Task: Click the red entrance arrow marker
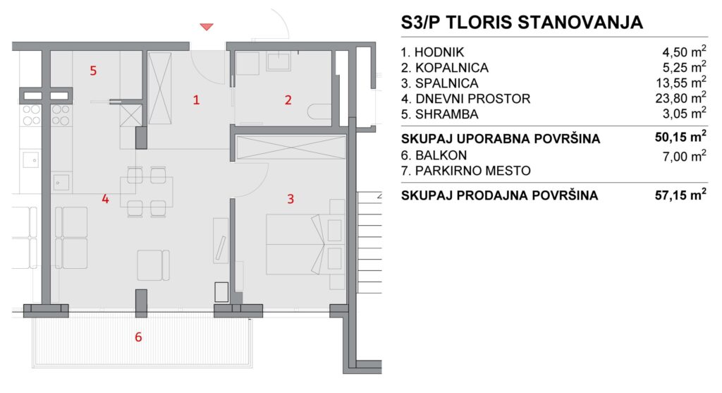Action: coord(207,28)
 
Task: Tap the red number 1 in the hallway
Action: coord(196,100)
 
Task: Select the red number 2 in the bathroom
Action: coord(288,100)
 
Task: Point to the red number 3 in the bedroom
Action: coord(290,199)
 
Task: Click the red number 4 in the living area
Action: coord(106,199)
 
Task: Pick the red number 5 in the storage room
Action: coord(94,71)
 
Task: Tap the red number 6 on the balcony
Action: coord(138,337)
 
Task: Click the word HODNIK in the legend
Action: coord(439,52)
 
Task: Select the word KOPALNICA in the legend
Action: coord(452,68)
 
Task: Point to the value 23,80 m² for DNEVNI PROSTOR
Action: coord(680,97)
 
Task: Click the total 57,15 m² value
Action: coord(680,195)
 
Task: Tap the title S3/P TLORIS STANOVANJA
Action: coord(522,22)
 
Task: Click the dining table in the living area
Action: coord(147,192)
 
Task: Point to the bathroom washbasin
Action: coord(279,61)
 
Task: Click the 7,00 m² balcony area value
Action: coord(684,156)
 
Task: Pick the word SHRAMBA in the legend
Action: coord(446,114)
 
